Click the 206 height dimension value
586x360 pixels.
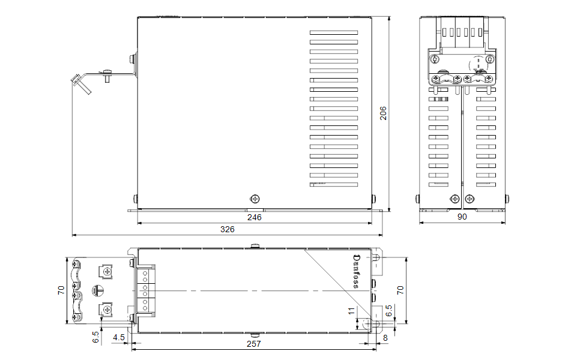tap(383, 113)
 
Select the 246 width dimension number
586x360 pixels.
tap(255, 217)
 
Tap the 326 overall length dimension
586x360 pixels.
tap(227, 229)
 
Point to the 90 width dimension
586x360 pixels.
tap(462, 217)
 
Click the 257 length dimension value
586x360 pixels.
tap(254, 344)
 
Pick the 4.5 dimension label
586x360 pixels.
tap(119, 338)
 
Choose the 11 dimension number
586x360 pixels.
tap(351, 311)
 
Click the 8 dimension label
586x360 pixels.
tap(385, 338)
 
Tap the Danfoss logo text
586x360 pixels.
tap(357, 271)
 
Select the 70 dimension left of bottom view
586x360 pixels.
tap(61, 290)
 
